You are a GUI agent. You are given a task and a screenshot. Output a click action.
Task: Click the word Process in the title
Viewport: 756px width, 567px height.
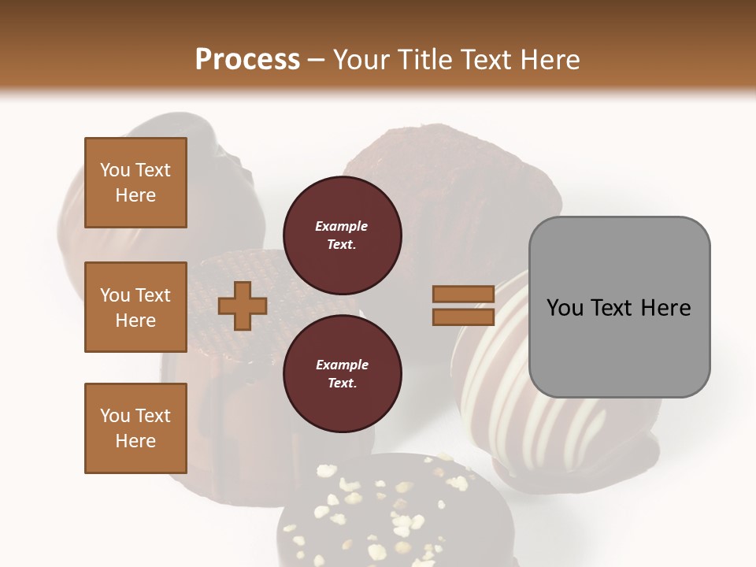pyautogui.click(x=247, y=60)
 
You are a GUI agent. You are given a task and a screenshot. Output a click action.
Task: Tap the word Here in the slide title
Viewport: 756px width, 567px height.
pyautogui.click(x=546, y=60)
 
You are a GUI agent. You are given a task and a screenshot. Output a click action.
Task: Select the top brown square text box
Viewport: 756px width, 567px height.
pyautogui.click(x=135, y=183)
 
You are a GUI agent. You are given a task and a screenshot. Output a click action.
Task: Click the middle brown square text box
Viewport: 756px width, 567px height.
pyautogui.click(x=135, y=307)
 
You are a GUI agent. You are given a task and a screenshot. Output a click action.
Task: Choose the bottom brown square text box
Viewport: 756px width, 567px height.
pyautogui.click(x=135, y=428)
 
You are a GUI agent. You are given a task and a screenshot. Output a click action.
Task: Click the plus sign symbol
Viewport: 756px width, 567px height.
pyautogui.click(x=242, y=306)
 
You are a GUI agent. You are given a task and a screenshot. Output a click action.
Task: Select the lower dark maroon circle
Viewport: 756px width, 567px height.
pyautogui.click(x=342, y=374)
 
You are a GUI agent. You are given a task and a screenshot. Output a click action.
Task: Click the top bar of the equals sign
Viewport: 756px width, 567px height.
pyautogui.click(x=463, y=294)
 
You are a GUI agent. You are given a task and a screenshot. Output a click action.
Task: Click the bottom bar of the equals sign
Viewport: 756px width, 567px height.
pyautogui.click(x=463, y=317)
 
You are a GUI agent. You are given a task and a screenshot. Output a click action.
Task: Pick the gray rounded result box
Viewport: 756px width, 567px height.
pyautogui.click(x=619, y=307)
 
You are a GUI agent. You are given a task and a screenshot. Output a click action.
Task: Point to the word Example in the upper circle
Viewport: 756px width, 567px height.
pyautogui.click(x=342, y=226)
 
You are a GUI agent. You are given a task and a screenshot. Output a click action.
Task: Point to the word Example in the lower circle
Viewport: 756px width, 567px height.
pyautogui.click(x=342, y=365)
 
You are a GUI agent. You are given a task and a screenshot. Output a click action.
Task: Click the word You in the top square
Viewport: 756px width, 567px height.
pyautogui.click(x=115, y=170)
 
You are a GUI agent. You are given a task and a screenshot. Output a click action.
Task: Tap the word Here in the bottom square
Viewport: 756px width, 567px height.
pyautogui.click(x=135, y=441)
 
